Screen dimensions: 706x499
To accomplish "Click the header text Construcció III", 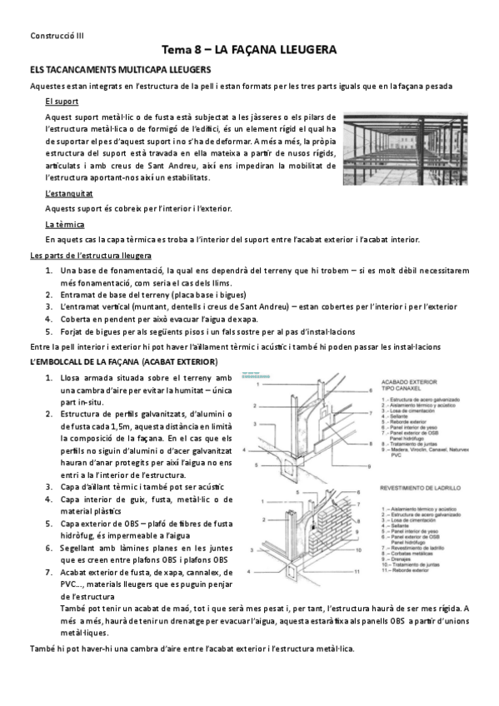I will pyautogui.click(x=51, y=36).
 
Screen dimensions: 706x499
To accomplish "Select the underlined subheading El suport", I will pyautogui.click(x=62, y=101).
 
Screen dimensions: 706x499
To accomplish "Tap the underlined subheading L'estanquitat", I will pyautogui.click(x=68, y=194).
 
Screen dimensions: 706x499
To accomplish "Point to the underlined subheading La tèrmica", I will pyautogui.click(x=63, y=225).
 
